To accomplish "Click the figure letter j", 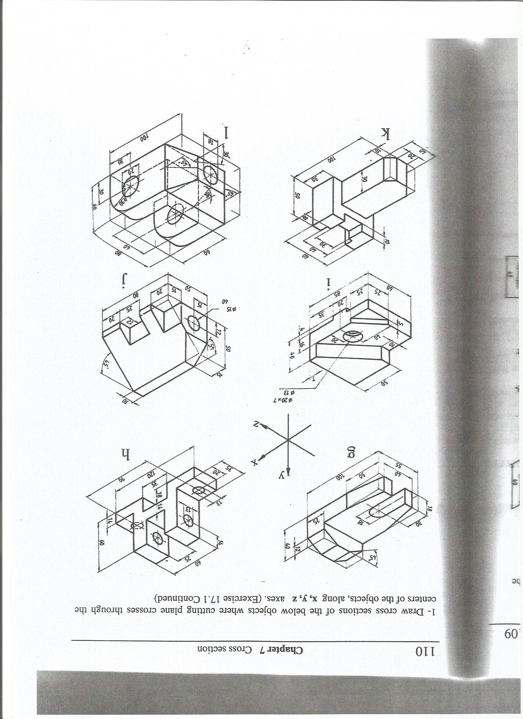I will (124, 280).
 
